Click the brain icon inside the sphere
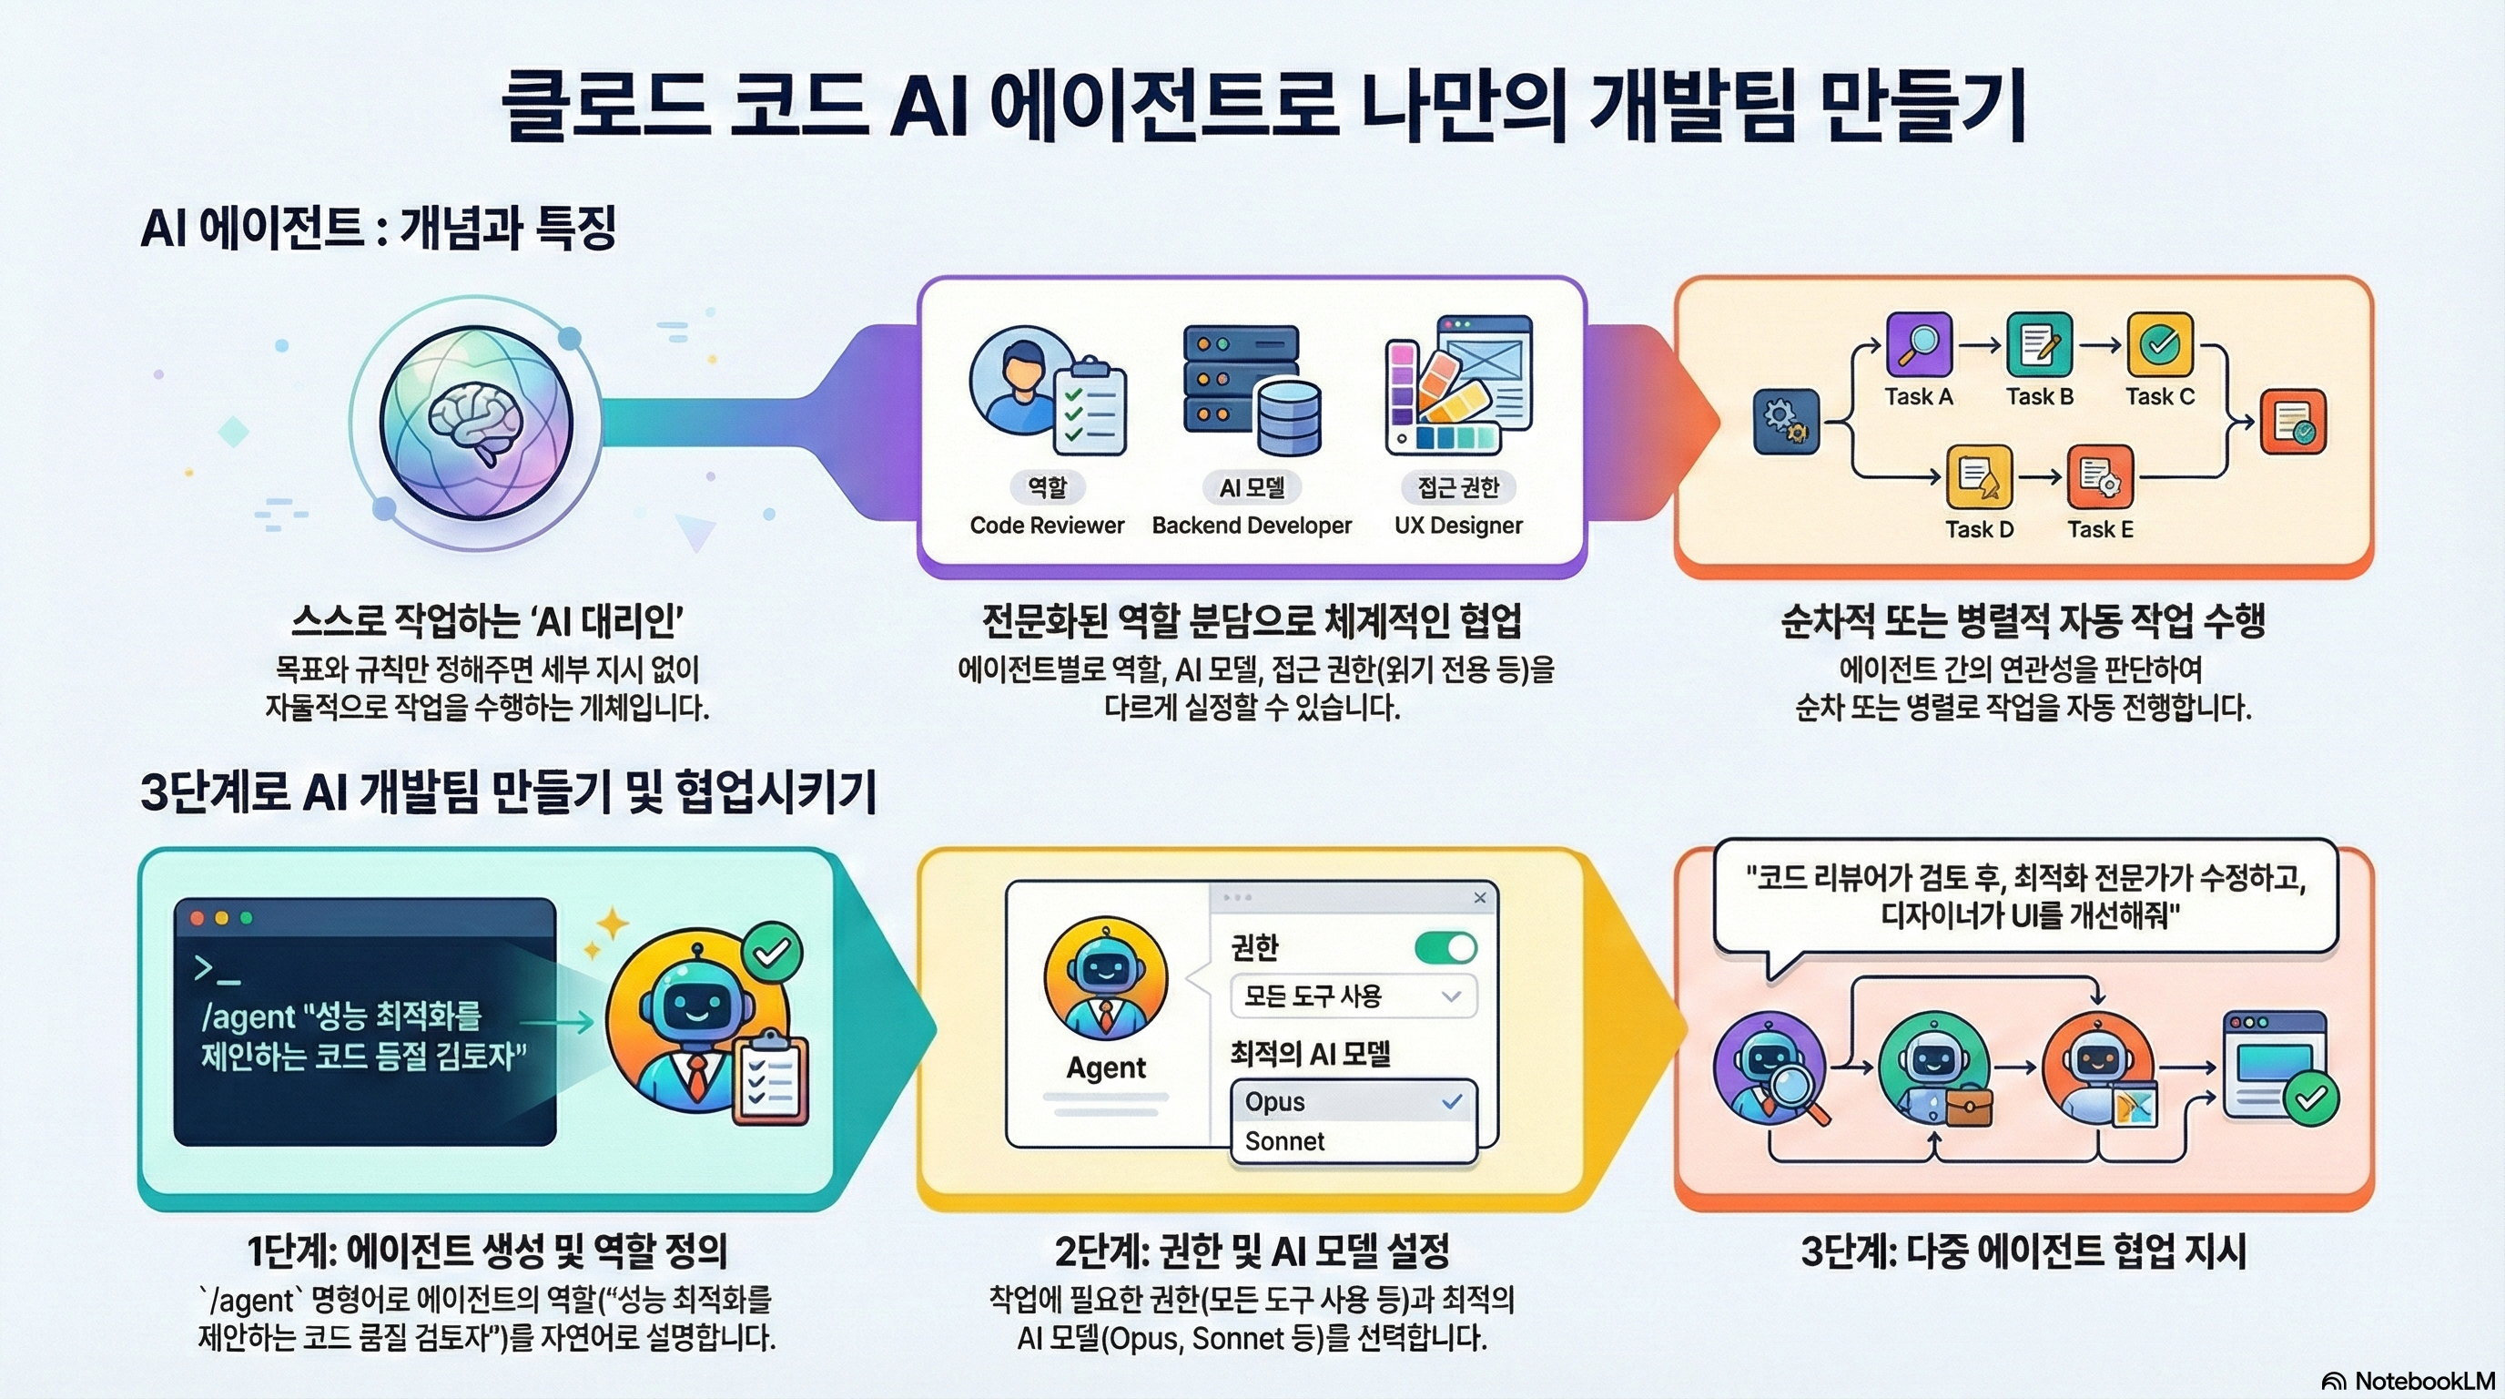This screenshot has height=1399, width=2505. click(x=476, y=425)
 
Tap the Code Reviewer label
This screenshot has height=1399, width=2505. click(x=1047, y=526)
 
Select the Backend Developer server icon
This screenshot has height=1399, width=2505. click(x=1252, y=390)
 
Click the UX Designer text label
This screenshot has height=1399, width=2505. click(x=1457, y=526)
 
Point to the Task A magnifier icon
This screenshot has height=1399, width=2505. click(x=1919, y=343)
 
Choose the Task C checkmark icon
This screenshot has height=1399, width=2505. click(x=2160, y=343)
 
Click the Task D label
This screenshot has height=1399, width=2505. click(x=1979, y=529)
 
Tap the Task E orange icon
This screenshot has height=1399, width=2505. click(x=2100, y=476)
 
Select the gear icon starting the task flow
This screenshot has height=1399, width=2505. click(x=1785, y=422)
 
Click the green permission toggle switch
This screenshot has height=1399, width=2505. click(x=1445, y=946)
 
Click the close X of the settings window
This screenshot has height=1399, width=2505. click(x=1480, y=897)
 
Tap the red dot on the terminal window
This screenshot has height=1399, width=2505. click(x=198, y=917)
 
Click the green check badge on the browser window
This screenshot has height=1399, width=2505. click(x=2310, y=1099)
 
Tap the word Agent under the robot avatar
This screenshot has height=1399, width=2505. click(x=1106, y=1067)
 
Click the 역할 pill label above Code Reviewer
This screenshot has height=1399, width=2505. click(x=1047, y=486)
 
